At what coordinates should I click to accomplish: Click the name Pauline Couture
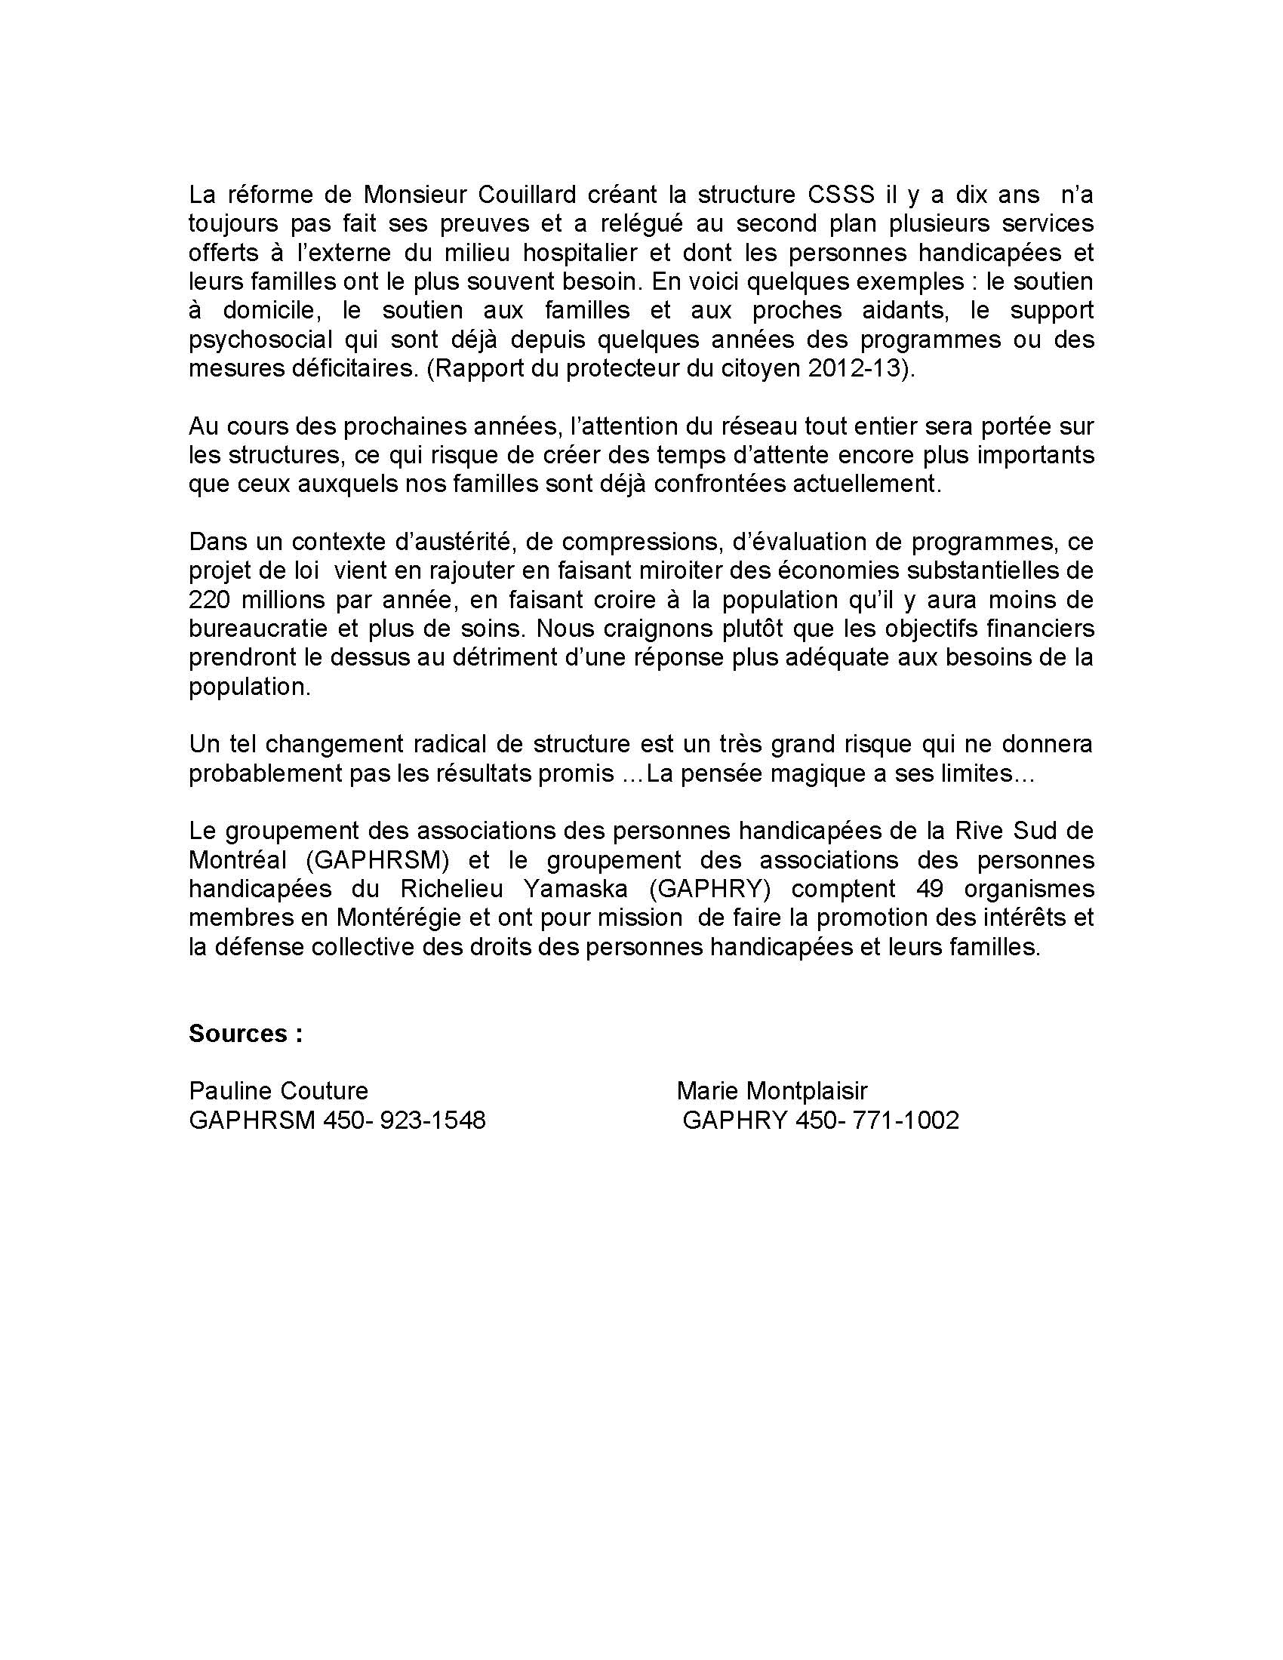click(278, 1092)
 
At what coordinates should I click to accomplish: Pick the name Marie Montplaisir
click(771, 1092)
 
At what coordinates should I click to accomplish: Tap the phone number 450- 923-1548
click(404, 1120)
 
